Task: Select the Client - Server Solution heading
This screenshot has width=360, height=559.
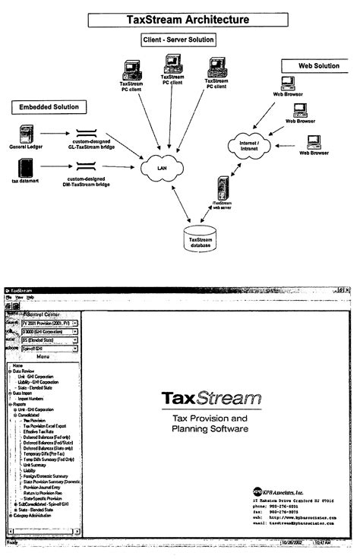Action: pyautogui.click(x=178, y=39)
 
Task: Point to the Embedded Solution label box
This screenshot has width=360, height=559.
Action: pyautogui.click(x=49, y=107)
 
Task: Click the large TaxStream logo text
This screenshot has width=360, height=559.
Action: pyautogui.click(x=207, y=398)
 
